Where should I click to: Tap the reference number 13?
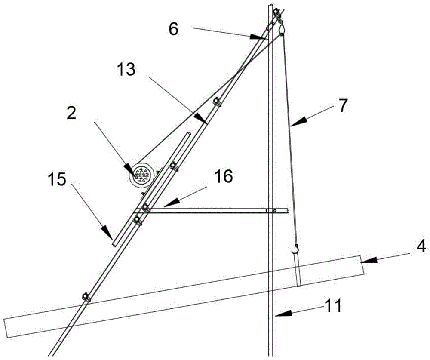(126, 68)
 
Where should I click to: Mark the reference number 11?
(334, 306)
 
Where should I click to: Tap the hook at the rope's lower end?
(295, 248)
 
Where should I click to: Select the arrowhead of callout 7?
(292, 125)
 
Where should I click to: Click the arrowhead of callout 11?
(277, 315)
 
